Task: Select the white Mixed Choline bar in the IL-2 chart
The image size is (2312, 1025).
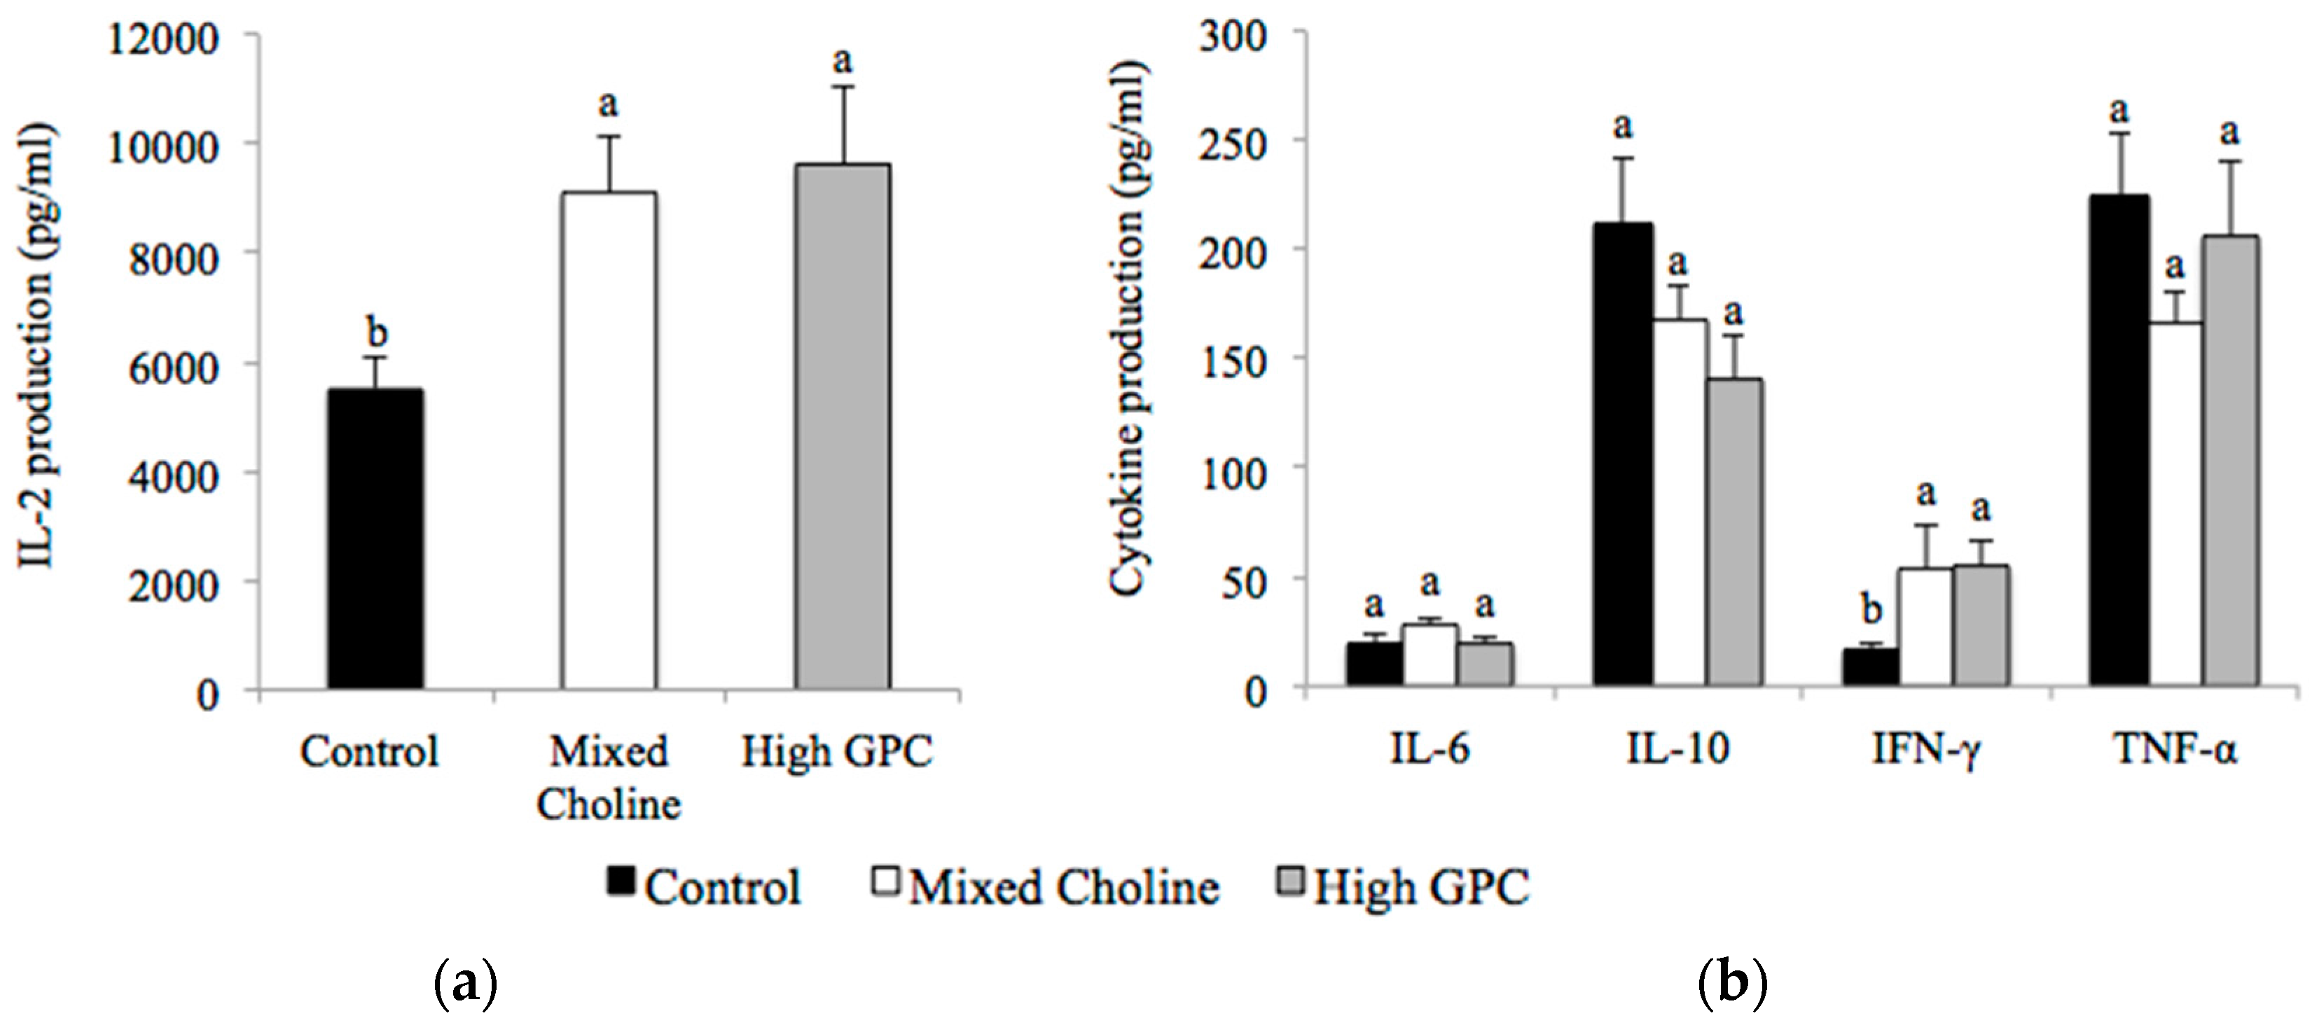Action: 609,440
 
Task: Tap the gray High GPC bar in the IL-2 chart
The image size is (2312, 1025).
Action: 842,426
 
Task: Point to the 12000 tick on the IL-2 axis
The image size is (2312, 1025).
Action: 162,39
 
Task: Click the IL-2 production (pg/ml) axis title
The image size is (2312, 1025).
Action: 38,346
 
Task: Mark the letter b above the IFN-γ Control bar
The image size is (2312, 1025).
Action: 1871,611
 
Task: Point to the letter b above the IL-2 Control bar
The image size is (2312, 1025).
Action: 377,333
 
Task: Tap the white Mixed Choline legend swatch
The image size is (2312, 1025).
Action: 885,881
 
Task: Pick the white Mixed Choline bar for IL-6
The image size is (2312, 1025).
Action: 1430,655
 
